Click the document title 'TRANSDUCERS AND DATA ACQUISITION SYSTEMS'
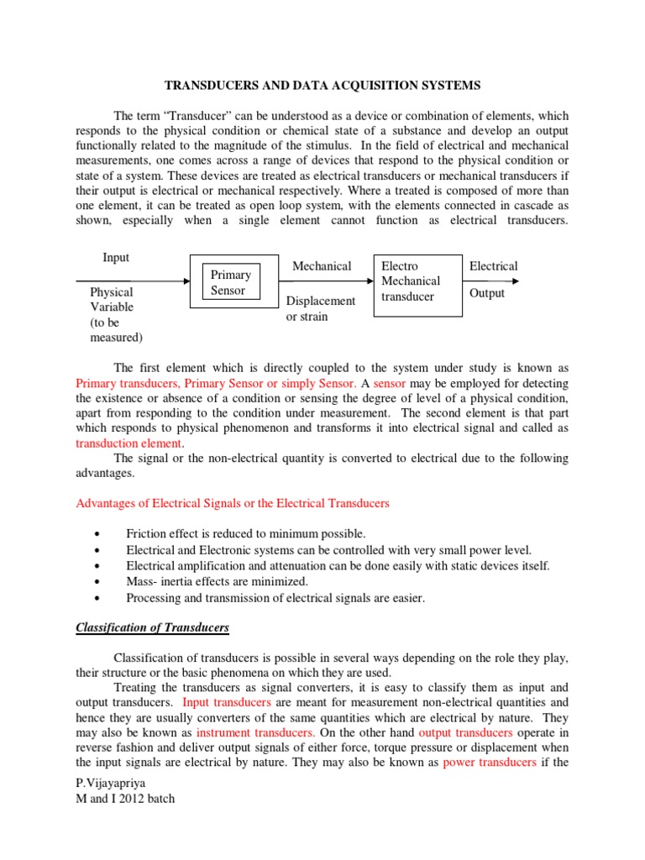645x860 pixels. pyautogui.click(x=322, y=86)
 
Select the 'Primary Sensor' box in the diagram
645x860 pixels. pyautogui.click(x=230, y=283)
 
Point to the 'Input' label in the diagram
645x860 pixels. pyautogui.click(x=116, y=258)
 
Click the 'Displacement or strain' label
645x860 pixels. pyautogui.click(x=321, y=309)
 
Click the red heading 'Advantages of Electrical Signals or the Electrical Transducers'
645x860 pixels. pyautogui.click(x=233, y=503)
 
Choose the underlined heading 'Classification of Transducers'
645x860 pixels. pyautogui.click(x=152, y=627)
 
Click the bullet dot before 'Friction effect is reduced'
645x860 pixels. pyautogui.click(x=100, y=534)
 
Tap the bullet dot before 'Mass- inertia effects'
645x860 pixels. pyautogui.click(x=100, y=582)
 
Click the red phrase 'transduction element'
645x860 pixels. pyautogui.click(x=128, y=443)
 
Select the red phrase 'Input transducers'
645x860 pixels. pyautogui.click(x=226, y=701)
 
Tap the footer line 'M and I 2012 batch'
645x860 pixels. pyautogui.click(x=125, y=799)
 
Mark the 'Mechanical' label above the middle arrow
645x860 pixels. pyautogui.click(x=321, y=266)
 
